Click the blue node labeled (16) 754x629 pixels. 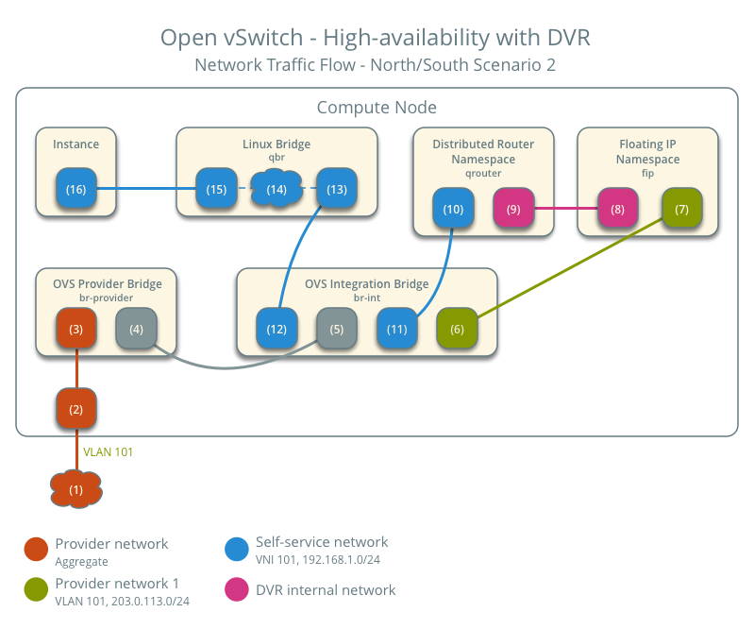[x=75, y=190]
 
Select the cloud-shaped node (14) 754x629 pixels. [x=276, y=190]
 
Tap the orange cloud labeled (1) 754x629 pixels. [x=76, y=489]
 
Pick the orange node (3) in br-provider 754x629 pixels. [x=76, y=330]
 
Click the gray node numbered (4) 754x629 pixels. [x=135, y=330]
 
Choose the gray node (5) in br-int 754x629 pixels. [x=336, y=330]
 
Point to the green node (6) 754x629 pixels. [x=457, y=330]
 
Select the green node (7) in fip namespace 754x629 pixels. [x=681, y=208]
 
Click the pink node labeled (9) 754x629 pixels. [x=513, y=208]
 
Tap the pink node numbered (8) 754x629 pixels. [x=617, y=208]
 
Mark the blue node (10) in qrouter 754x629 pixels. [x=453, y=208]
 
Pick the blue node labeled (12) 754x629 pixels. [x=276, y=330]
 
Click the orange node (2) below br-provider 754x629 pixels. [x=76, y=409]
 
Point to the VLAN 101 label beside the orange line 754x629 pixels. [x=109, y=452]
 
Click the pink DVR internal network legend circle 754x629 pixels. [x=237, y=589]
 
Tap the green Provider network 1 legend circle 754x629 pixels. [x=36, y=589]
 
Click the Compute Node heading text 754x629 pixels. [x=377, y=108]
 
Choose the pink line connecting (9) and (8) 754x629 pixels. [x=565, y=208]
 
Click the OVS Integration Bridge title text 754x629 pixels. [x=366, y=283]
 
